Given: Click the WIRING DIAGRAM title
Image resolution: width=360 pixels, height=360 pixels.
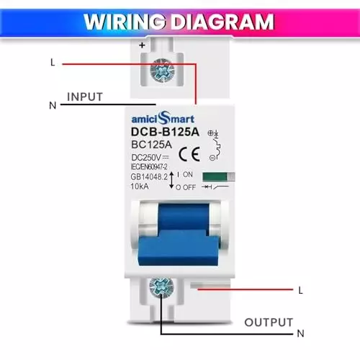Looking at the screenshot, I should coord(180,20).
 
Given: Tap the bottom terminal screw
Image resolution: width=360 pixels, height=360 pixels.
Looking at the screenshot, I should coord(159,289).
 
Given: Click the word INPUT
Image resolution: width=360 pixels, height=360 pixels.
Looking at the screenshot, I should coord(85,96).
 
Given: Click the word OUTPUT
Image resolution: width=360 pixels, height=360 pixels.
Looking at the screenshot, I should coord(269,322).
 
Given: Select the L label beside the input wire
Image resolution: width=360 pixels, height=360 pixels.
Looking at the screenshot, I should coord(53,63).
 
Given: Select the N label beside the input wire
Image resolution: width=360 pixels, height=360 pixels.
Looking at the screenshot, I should coord(53,106).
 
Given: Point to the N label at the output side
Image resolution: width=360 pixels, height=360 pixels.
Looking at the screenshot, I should coord(300,333).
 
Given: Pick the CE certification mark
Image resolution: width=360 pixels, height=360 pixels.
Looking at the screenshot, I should coord(189,153).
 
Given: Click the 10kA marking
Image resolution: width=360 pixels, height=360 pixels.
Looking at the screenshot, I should coord(141,186).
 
